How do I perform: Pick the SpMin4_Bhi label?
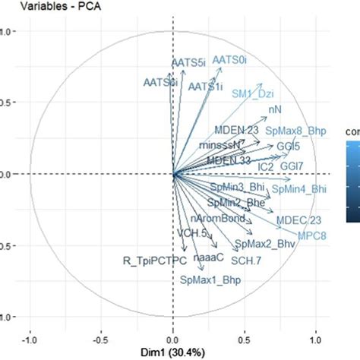(299, 188)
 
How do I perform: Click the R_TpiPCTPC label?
(154, 261)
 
